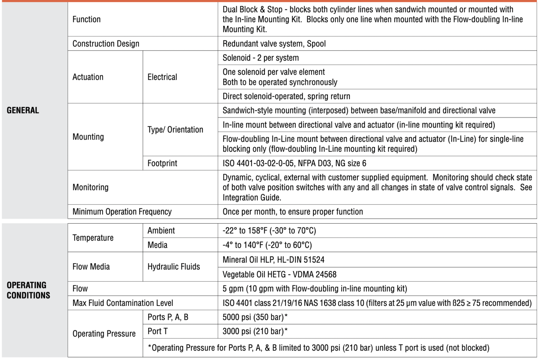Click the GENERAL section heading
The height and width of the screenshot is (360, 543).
(x=23, y=110)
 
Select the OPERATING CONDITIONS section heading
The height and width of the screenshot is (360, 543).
(x=28, y=290)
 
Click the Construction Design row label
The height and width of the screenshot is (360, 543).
(x=106, y=44)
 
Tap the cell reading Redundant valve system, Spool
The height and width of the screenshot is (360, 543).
(x=274, y=44)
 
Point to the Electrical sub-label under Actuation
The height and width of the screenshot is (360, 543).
(x=162, y=77)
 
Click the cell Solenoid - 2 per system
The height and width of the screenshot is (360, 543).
(x=261, y=58)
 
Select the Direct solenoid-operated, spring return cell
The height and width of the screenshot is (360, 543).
(x=286, y=96)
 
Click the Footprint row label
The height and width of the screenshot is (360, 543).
(x=162, y=163)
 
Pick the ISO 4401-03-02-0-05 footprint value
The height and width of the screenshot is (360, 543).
(x=294, y=163)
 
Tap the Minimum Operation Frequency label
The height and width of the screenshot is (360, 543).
(x=122, y=212)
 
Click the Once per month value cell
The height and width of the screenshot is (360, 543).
(x=292, y=212)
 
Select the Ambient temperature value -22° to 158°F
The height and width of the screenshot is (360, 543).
(x=269, y=231)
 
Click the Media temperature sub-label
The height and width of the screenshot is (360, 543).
(x=157, y=245)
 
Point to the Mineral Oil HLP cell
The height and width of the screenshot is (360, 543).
(x=273, y=260)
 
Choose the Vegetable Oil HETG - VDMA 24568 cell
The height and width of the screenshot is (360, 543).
(x=279, y=274)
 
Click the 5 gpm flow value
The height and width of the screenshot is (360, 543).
(x=315, y=289)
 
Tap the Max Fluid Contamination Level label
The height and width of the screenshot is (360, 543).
(x=123, y=303)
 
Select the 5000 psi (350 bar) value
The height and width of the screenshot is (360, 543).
(x=255, y=317)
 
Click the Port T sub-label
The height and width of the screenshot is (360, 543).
(x=157, y=331)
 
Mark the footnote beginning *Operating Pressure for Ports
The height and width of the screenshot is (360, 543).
(x=318, y=348)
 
